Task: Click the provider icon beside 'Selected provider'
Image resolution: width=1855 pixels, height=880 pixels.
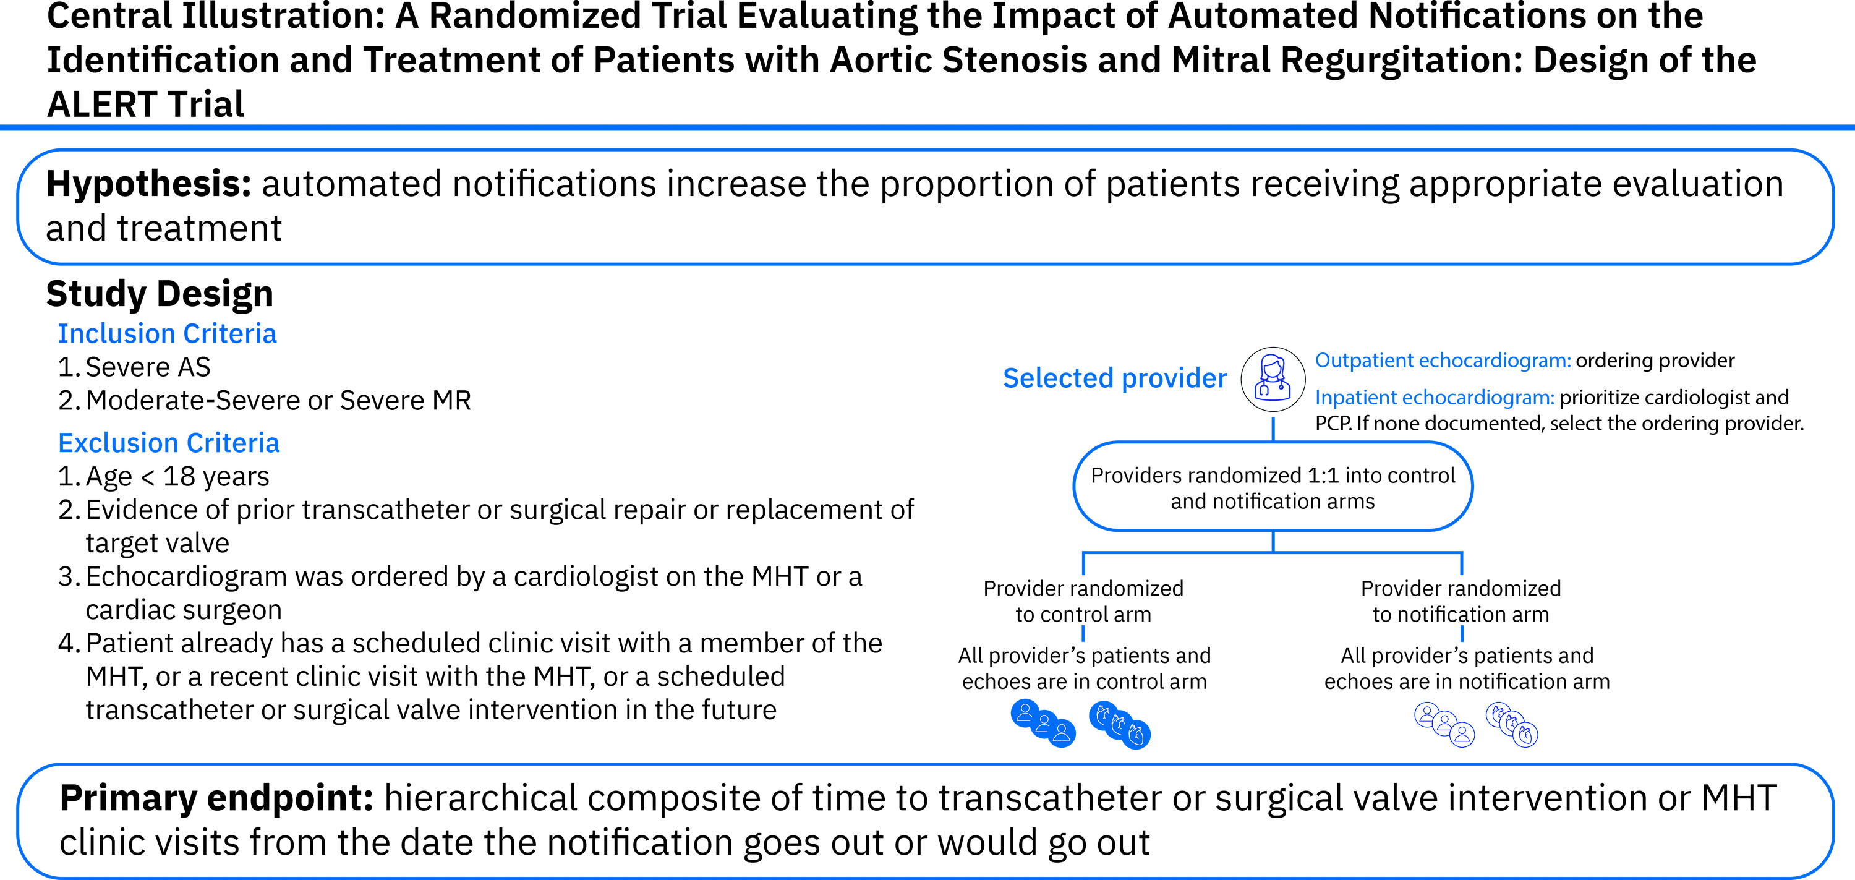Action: click(x=1273, y=379)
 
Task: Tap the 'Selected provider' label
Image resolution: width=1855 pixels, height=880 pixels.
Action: click(x=1115, y=378)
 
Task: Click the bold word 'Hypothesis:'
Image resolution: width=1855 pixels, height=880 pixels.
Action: click(x=148, y=184)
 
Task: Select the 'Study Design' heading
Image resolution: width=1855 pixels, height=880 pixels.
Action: click(x=160, y=293)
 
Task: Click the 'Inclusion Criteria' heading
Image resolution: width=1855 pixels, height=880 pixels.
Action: click(x=167, y=333)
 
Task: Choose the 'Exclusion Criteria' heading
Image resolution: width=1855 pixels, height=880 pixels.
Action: click(x=169, y=443)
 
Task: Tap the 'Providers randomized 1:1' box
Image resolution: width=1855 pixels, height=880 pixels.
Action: click(x=1273, y=487)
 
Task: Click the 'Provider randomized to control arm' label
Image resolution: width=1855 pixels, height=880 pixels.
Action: click(x=1083, y=601)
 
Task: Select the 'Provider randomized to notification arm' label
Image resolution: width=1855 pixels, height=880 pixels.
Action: click(x=1461, y=601)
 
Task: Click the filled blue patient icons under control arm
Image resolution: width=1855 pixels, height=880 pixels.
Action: click(x=1044, y=723)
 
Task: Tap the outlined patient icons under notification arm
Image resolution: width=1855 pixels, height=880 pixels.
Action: click(x=1444, y=724)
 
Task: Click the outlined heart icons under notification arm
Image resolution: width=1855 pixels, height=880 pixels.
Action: click(x=1512, y=724)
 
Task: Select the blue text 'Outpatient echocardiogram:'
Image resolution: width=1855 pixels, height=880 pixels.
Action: click(x=1443, y=360)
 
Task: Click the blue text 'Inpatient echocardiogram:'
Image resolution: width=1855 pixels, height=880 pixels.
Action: click(x=1435, y=398)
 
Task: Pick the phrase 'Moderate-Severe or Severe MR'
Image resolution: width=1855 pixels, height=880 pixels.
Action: click(x=278, y=399)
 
